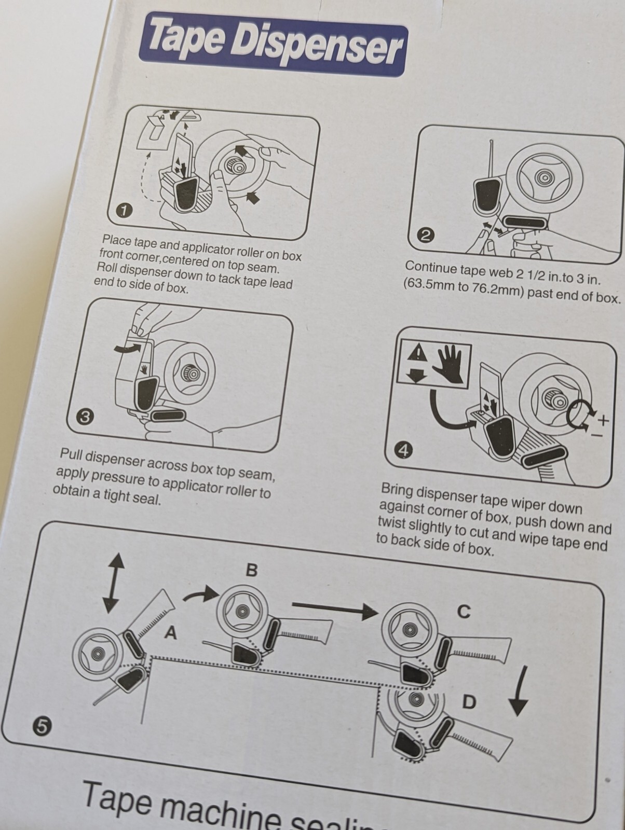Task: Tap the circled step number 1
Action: click(x=124, y=211)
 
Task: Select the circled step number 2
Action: click(x=426, y=236)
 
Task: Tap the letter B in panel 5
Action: click(x=251, y=570)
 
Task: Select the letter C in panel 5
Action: click(x=464, y=612)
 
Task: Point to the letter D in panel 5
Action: click(x=469, y=702)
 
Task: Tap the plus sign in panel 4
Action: click(x=603, y=419)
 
